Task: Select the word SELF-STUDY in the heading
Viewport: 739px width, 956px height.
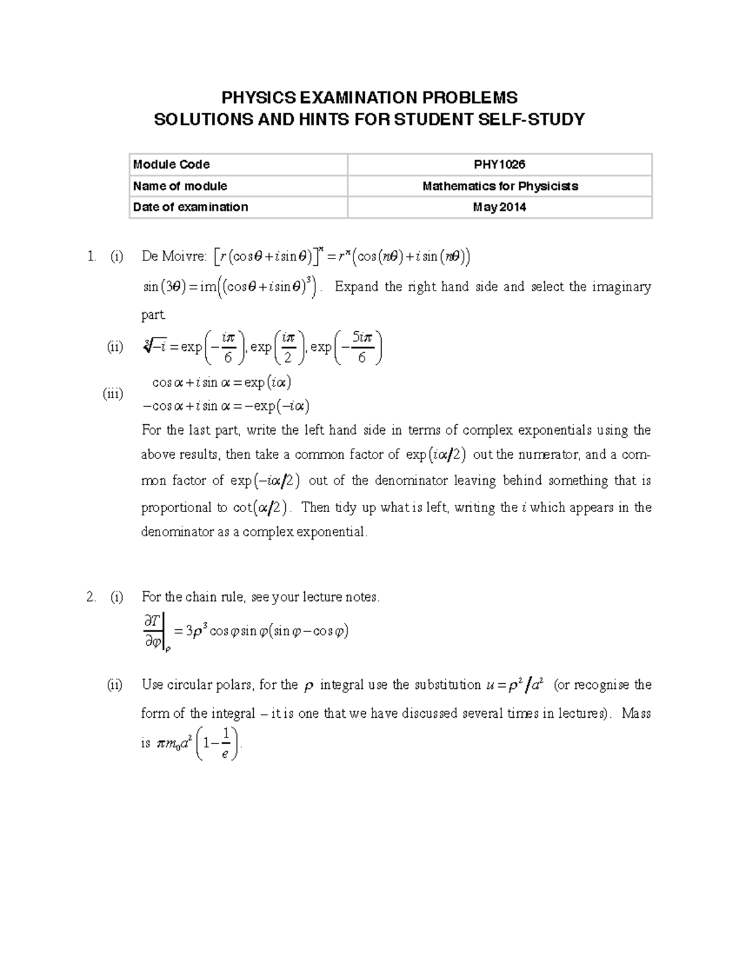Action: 535,119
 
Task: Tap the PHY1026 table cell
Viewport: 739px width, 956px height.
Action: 499,164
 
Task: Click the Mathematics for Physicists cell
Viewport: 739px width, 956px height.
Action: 499,186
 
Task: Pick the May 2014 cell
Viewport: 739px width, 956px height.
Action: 499,207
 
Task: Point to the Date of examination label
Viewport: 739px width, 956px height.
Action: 190,207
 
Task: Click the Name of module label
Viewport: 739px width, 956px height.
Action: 180,186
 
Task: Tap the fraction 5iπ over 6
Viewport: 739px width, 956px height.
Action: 361,347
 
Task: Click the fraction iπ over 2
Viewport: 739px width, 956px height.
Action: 288,347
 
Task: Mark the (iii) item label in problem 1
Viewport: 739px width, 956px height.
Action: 113,394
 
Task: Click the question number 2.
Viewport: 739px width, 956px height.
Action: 91,596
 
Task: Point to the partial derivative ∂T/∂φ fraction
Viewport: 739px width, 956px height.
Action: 152,632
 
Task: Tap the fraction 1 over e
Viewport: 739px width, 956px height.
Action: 226,743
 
